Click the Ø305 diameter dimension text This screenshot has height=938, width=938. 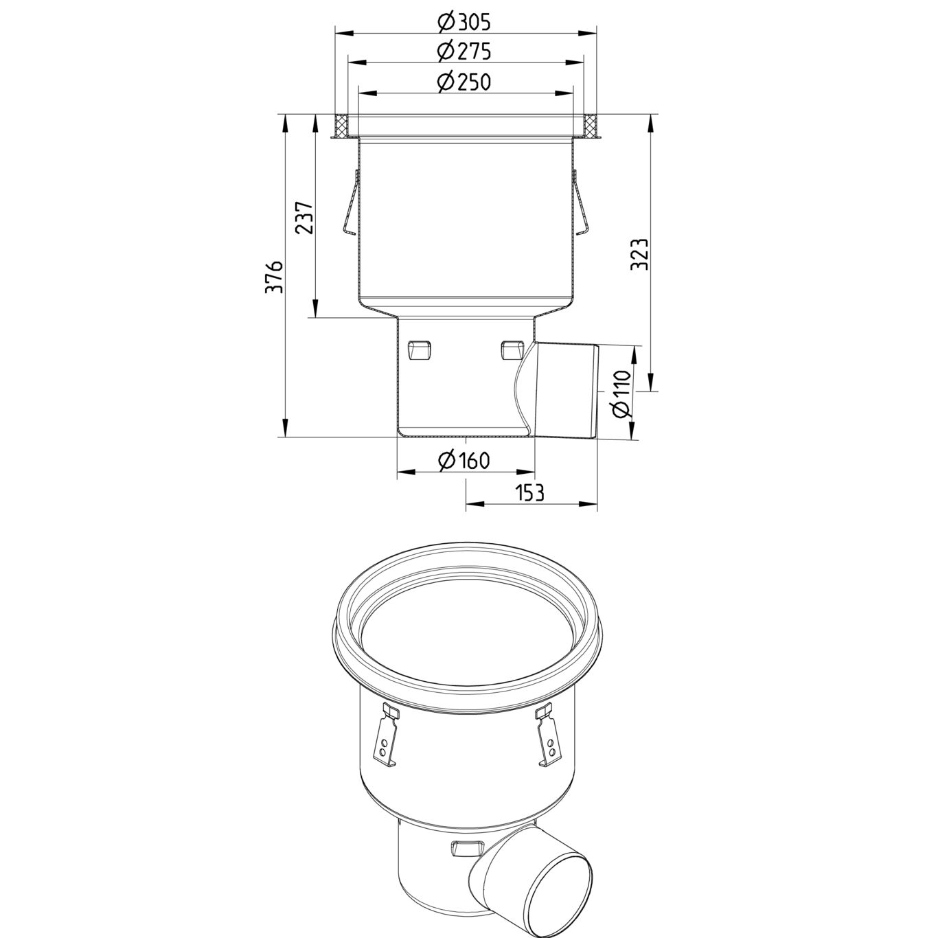(x=464, y=23)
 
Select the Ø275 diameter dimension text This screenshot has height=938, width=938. (x=464, y=52)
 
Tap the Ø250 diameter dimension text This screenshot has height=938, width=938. (x=464, y=82)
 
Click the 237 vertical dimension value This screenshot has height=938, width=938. (x=304, y=218)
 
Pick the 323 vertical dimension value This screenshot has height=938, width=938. (x=638, y=255)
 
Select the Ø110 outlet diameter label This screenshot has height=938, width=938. (x=621, y=394)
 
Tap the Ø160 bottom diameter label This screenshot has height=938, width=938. (x=464, y=460)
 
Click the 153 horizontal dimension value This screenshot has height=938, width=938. (x=529, y=492)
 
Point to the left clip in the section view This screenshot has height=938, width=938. (x=350, y=204)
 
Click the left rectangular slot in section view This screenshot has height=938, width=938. (x=418, y=350)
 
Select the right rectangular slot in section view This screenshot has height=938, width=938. (x=512, y=350)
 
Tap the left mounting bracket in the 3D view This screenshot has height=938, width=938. (x=385, y=737)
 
